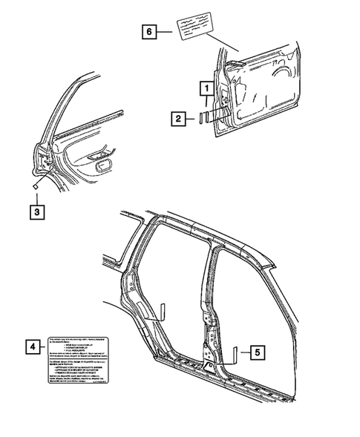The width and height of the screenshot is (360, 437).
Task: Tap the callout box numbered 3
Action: point(36,212)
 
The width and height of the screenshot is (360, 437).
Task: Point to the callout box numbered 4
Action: point(31,347)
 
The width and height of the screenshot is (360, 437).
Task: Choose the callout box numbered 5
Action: point(255,354)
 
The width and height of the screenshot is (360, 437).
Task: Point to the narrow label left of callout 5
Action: point(235,355)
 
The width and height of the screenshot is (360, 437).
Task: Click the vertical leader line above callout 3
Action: point(36,199)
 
